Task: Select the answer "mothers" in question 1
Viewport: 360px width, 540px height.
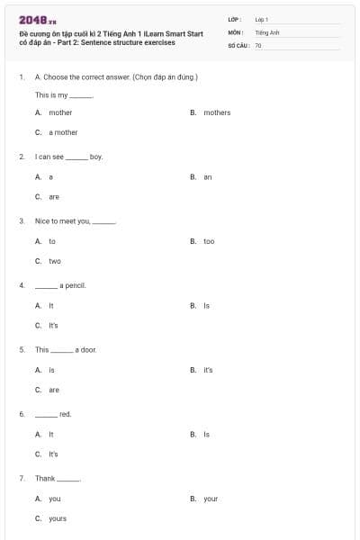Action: (x=217, y=112)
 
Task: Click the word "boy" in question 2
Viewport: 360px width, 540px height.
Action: (x=96, y=157)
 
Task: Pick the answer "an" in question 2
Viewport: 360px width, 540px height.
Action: (x=208, y=177)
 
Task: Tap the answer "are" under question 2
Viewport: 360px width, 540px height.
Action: (x=54, y=196)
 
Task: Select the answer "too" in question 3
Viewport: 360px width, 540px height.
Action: (x=209, y=241)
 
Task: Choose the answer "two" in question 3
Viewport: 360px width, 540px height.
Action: (x=55, y=261)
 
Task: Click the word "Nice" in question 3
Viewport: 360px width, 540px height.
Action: (x=42, y=220)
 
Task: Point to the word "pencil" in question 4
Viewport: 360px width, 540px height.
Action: (x=73, y=285)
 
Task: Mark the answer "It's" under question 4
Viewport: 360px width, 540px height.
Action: (x=53, y=325)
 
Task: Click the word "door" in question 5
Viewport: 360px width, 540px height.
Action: (x=87, y=349)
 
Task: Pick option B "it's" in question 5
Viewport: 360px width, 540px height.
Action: (x=208, y=370)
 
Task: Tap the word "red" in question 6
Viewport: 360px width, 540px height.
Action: (x=65, y=414)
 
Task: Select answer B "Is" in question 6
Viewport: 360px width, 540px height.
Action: (x=206, y=434)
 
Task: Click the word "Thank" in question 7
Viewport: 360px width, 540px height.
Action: (x=45, y=478)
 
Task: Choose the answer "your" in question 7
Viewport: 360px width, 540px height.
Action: (x=211, y=499)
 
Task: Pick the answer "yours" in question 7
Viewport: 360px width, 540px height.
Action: (x=58, y=518)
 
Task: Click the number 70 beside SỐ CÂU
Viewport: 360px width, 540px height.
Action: (x=258, y=44)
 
